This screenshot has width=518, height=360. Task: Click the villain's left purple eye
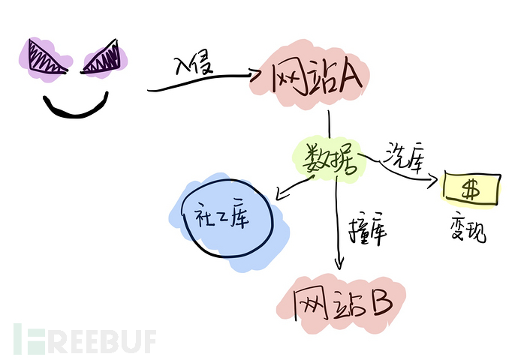click(x=46, y=58)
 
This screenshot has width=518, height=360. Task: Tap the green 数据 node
click(x=330, y=158)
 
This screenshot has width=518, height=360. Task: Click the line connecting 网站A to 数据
click(x=329, y=124)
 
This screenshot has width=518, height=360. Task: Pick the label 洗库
click(x=404, y=157)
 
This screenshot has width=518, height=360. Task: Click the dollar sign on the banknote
click(x=471, y=190)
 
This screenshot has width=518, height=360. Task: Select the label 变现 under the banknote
click(x=468, y=228)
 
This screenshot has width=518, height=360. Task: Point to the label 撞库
click(x=367, y=229)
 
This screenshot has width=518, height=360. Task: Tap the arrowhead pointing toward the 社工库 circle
click(x=281, y=195)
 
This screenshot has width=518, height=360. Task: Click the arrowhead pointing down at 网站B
click(x=339, y=263)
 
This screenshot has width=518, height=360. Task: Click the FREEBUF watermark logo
click(x=85, y=338)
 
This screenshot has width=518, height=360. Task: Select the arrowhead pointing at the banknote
click(x=433, y=180)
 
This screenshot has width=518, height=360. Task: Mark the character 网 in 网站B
click(x=309, y=304)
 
